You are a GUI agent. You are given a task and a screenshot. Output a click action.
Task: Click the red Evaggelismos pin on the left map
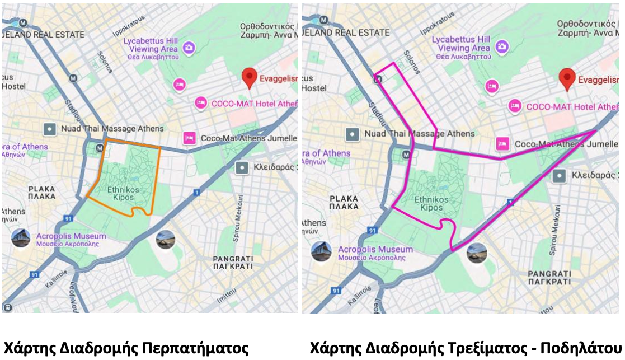coord(250,78)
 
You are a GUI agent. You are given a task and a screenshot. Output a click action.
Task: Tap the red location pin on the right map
coord(567,79)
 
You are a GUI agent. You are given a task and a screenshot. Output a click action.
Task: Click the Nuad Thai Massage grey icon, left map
coord(50,129)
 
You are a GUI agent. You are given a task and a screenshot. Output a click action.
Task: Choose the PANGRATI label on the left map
coord(233,263)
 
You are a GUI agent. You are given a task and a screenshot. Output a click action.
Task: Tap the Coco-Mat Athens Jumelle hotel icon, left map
coord(189,138)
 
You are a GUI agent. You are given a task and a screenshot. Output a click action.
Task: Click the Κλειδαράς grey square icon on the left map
coord(242,167)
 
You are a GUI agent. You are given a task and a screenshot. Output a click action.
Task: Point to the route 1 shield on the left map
coord(196,193)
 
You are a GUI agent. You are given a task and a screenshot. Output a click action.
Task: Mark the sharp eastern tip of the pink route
coord(595,131)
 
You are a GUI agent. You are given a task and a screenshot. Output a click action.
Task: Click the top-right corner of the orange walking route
coord(160,148)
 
